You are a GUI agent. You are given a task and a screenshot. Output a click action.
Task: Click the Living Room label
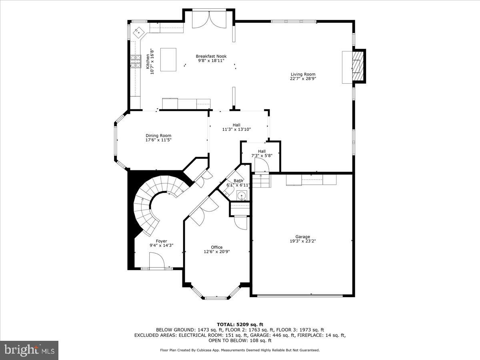click(x=303, y=74)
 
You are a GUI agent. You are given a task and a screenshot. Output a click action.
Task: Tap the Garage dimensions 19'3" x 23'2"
click(x=303, y=241)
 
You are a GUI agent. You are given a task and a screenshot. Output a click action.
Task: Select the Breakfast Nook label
click(x=211, y=56)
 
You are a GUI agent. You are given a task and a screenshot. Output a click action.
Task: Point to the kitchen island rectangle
click(x=168, y=59)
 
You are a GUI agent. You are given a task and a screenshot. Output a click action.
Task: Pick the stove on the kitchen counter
click(x=136, y=61)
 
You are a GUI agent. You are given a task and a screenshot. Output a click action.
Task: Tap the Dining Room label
click(x=158, y=136)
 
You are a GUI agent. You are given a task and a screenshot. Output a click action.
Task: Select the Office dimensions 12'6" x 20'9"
click(x=217, y=252)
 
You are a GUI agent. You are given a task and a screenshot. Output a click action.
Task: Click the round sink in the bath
click(x=241, y=196)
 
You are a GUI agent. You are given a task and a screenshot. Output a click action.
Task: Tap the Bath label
click(x=238, y=181)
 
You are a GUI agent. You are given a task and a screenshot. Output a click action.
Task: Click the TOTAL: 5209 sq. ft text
click(x=240, y=324)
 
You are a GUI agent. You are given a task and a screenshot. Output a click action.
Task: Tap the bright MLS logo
click(x=29, y=350)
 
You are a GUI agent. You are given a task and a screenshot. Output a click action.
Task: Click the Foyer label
click(x=161, y=241)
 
